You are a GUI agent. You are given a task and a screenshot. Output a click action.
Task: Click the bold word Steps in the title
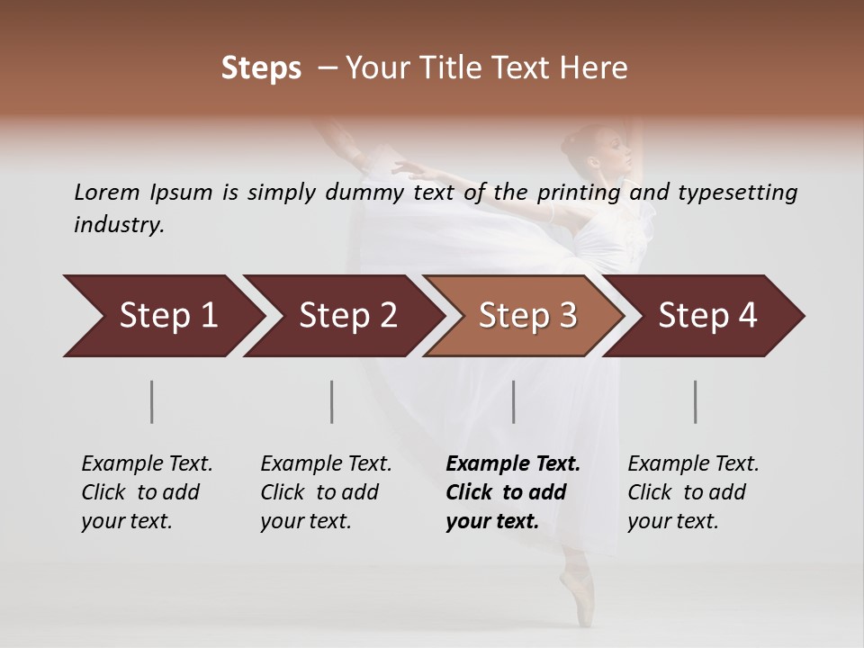[x=261, y=68]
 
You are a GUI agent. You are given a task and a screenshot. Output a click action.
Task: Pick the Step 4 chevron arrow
[x=706, y=316]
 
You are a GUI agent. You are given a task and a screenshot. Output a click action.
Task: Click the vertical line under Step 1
[x=151, y=401]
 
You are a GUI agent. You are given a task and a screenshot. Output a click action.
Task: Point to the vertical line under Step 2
[x=332, y=401]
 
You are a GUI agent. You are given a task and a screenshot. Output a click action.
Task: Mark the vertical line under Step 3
[x=513, y=401]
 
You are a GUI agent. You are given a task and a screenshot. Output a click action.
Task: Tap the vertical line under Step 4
[x=696, y=401]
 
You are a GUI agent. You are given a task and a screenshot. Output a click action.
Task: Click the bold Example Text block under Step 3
[x=513, y=492]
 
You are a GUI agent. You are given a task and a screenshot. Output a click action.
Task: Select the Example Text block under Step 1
[x=147, y=492]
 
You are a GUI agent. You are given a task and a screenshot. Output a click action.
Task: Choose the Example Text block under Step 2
[x=326, y=492]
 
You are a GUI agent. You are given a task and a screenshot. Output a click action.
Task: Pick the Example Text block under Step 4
[x=693, y=492]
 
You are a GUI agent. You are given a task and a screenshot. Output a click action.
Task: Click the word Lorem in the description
[x=107, y=192]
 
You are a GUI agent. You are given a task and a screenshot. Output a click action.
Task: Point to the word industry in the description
[x=118, y=225]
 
